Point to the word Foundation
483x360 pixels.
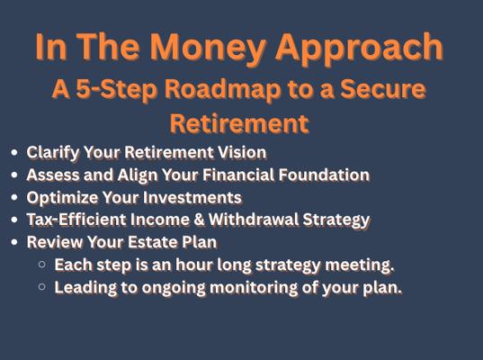coord(324,175)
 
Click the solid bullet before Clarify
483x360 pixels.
coord(13,153)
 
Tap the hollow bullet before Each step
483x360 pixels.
coord(42,265)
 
